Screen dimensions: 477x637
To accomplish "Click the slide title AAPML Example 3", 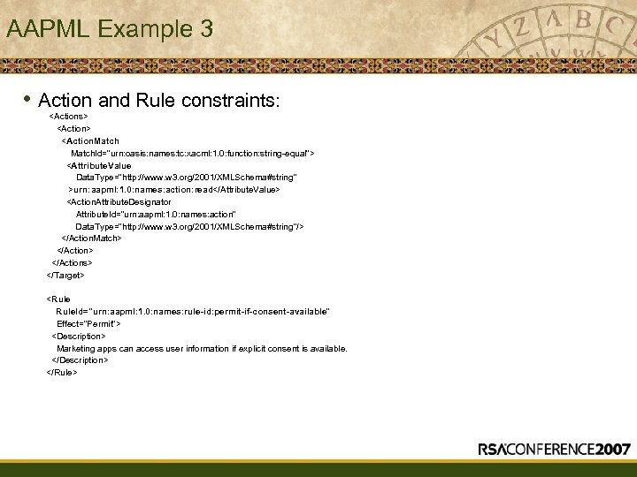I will click(109, 29).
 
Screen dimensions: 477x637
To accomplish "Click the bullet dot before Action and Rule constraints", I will click(28, 99).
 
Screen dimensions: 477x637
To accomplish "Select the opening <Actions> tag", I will click(68, 116).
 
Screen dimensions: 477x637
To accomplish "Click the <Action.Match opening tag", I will click(90, 140).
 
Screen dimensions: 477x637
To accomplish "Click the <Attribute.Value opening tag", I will click(99, 165).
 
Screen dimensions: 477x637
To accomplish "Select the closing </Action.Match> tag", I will click(91, 238).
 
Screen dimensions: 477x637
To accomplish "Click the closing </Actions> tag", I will click(73, 262).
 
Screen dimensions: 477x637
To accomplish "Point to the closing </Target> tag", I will click(65, 275).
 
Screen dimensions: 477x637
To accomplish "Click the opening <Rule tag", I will click(58, 299).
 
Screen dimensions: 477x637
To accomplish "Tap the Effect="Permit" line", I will click(88, 324).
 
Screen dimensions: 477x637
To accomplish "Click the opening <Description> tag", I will click(79, 336).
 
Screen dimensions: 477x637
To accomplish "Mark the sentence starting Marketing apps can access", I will click(202, 348).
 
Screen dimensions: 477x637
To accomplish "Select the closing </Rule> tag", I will click(62, 372).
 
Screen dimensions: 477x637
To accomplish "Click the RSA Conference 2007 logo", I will click(554, 449).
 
